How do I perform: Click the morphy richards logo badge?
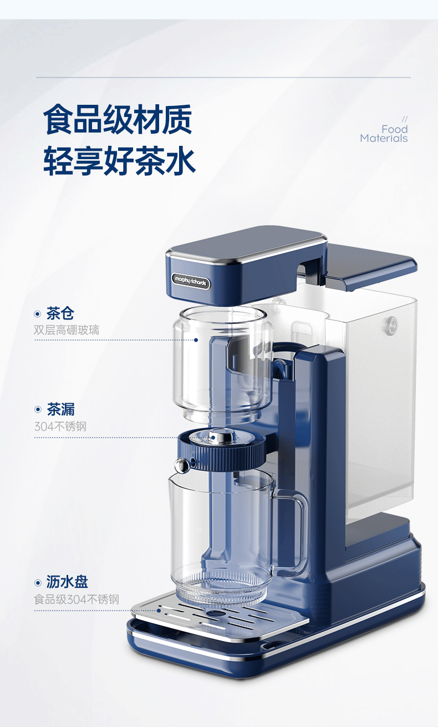(x=191, y=281)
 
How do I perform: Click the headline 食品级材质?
(x=118, y=119)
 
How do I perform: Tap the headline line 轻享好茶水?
(x=119, y=161)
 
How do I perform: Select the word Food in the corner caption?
(x=395, y=129)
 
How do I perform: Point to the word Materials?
(x=384, y=138)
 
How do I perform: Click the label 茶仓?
(x=60, y=313)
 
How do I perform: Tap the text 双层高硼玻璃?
(x=67, y=330)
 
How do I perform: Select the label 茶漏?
(x=60, y=409)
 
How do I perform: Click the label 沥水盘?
(x=67, y=582)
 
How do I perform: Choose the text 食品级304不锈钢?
(x=77, y=599)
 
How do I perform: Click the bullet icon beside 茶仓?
(x=38, y=314)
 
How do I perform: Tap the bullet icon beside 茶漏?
(x=38, y=410)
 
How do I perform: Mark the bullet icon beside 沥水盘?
(x=38, y=583)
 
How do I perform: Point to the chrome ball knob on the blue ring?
(x=182, y=465)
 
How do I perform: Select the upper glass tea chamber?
(x=222, y=364)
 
